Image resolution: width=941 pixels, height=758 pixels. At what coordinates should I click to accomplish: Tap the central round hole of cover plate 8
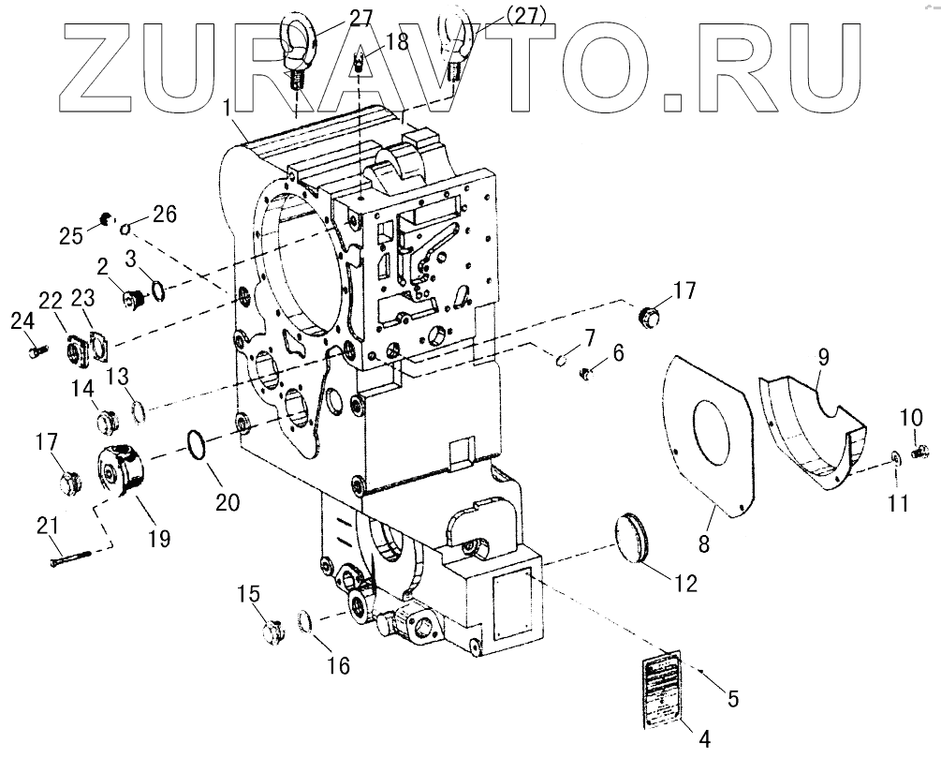[711, 432]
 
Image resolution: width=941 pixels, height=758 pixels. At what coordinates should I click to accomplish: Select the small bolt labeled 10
[918, 453]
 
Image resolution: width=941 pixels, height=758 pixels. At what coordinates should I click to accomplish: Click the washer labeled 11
[895, 456]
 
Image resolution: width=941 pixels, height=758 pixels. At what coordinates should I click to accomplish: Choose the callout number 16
[338, 666]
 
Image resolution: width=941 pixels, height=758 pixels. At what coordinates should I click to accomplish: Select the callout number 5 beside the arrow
[733, 698]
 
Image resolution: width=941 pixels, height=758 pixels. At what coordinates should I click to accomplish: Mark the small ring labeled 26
[125, 227]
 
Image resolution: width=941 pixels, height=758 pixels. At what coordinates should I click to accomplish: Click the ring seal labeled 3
[158, 292]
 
